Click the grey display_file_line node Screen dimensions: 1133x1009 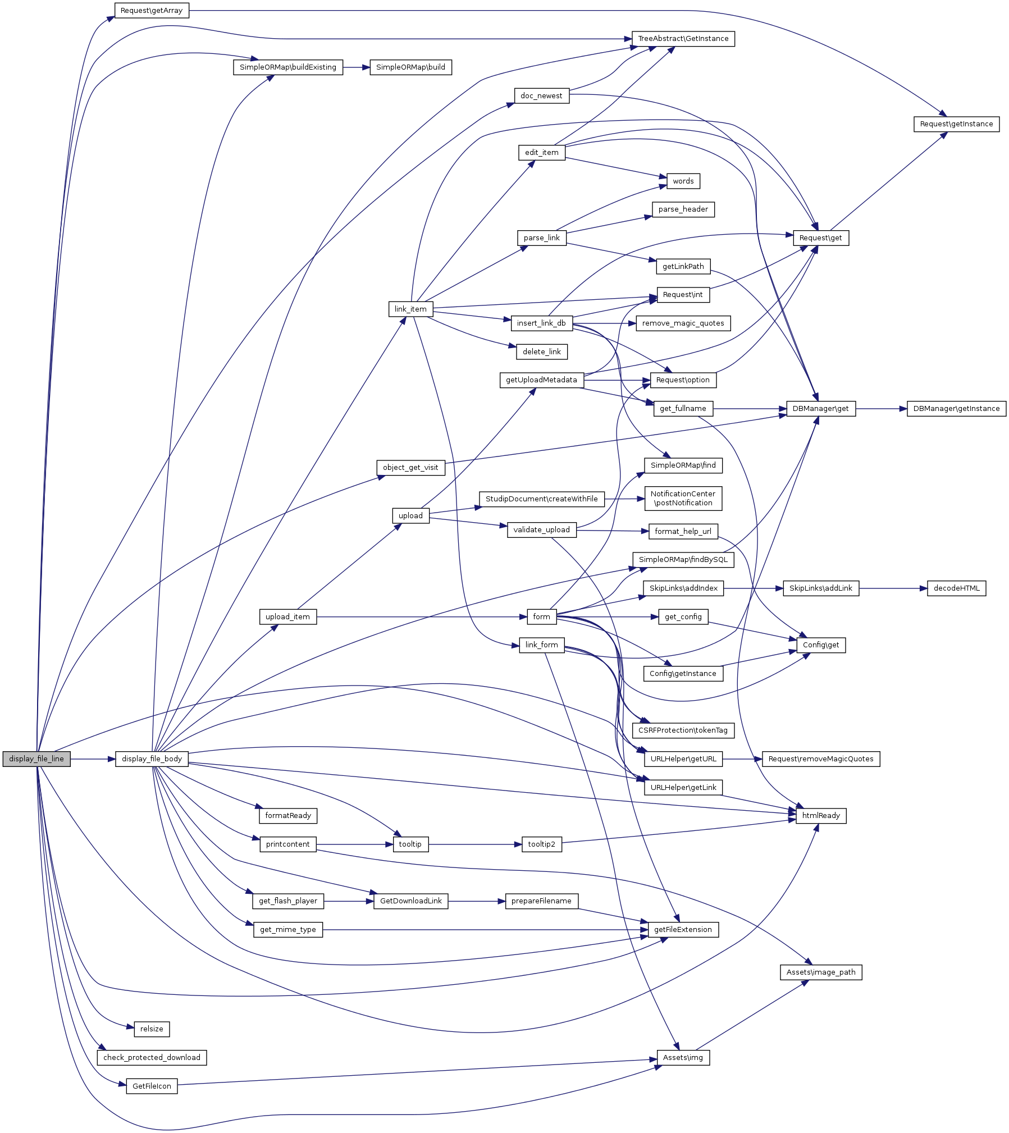click(x=36, y=759)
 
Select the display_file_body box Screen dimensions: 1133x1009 click(x=152, y=759)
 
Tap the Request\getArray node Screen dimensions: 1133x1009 click(x=152, y=11)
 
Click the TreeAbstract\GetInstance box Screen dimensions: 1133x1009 click(x=683, y=39)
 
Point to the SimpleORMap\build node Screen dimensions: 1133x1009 click(x=410, y=67)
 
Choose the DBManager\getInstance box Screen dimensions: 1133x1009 click(x=956, y=409)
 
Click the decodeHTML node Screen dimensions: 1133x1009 click(x=956, y=588)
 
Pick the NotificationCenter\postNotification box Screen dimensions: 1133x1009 click(x=683, y=499)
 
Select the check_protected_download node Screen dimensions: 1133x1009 click(x=152, y=1057)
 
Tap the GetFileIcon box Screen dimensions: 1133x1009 click(x=152, y=1086)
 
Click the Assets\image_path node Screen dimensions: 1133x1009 click(x=820, y=972)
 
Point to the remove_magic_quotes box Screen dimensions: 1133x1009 click(x=683, y=323)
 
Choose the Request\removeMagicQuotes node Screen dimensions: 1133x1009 click(x=820, y=759)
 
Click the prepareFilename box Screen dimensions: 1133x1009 click(x=541, y=901)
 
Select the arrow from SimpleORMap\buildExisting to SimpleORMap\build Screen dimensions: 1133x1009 click(x=356, y=67)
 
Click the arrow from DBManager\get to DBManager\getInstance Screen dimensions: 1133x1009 click(x=881, y=409)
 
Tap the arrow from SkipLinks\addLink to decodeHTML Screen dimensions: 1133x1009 click(x=893, y=588)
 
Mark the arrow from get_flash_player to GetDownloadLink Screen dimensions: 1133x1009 click(x=349, y=901)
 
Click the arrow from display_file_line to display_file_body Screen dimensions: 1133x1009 click(x=93, y=759)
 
